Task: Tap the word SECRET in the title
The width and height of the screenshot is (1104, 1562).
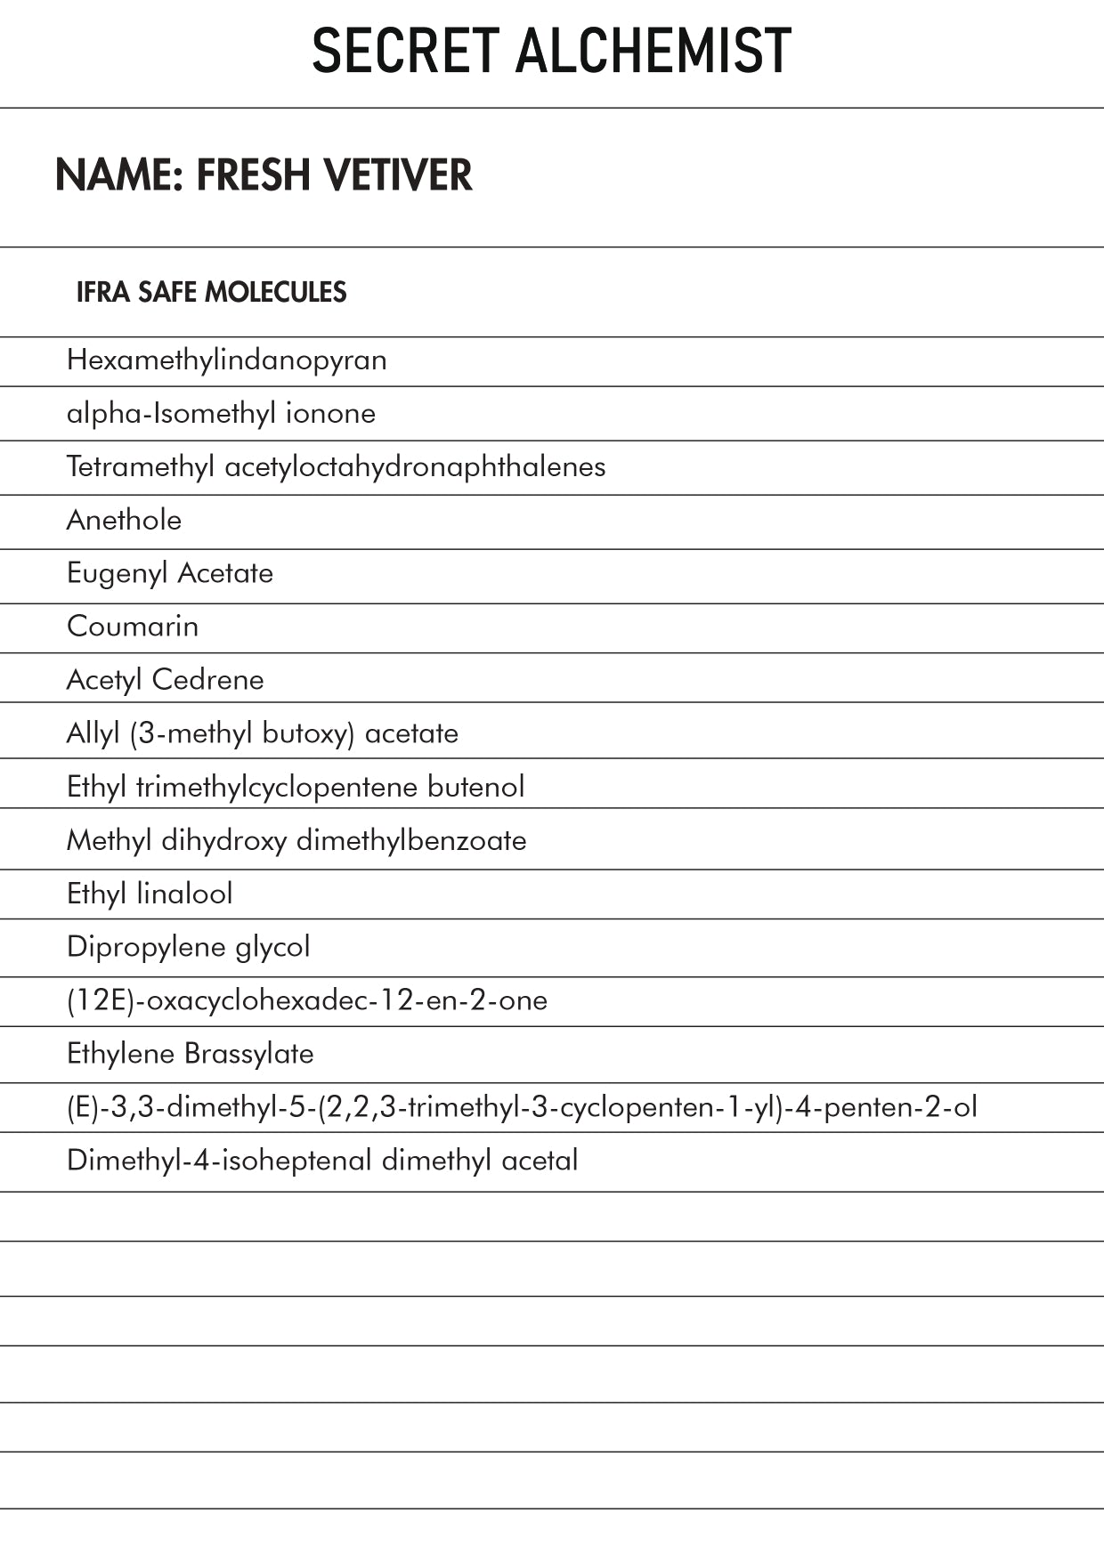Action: click(x=405, y=51)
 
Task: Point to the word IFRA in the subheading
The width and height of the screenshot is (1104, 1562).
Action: click(x=102, y=292)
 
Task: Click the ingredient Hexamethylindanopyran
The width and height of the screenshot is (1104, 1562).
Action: click(x=226, y=360)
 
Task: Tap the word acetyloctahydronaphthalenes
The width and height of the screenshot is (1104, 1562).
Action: click(x=415, y=466)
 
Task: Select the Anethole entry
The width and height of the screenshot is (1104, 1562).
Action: click(x=124, y=520)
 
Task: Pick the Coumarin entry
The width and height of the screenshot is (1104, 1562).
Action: click(x=133, y=627)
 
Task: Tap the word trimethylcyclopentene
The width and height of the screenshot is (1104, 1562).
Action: click(x=276, y=787)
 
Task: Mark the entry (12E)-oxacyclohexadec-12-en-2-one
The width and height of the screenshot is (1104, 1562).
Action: click(x=307, y=1000)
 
